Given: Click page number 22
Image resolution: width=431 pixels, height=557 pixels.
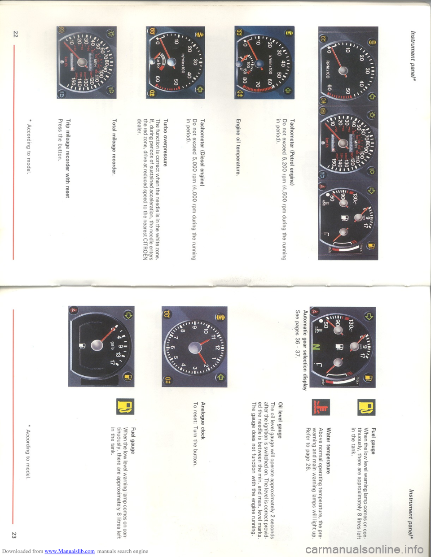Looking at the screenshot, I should point(15,34).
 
